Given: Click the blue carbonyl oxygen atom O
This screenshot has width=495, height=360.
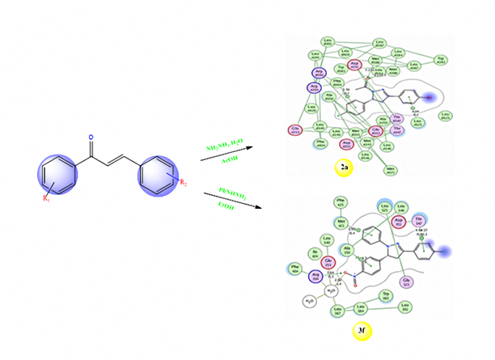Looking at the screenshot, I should pos(91,137).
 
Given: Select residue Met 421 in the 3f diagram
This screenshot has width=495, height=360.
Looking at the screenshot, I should pos(341,220).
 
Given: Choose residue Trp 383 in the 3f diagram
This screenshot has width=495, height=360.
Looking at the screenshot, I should pos(386,294).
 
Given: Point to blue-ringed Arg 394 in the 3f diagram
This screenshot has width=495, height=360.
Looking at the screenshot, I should pos(316,276).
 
